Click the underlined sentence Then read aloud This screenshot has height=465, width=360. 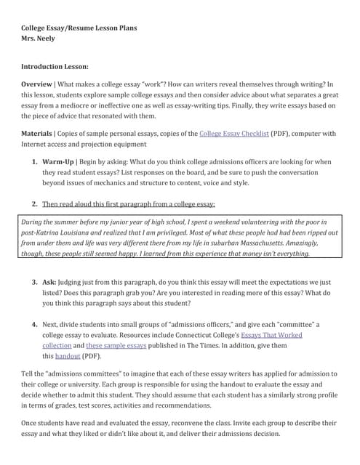click(x=128, y=204)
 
